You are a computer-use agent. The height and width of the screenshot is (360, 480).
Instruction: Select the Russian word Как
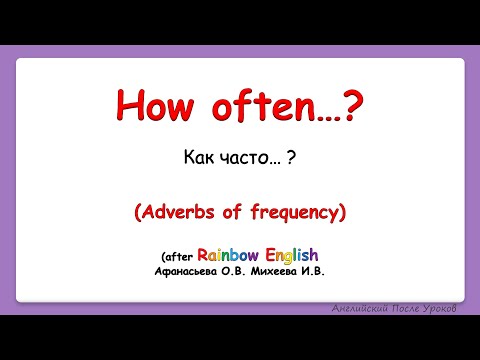pos(200,157)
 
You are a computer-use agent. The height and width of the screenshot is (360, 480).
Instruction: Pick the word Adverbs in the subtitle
pos(175,212)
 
